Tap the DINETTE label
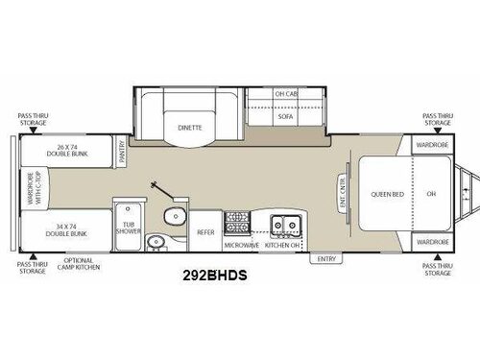(189, 126)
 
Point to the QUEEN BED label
(385, 193)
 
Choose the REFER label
(205, 231)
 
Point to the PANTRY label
(123, 150)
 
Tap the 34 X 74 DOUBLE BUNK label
(65, 229)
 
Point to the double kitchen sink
(284, 225)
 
